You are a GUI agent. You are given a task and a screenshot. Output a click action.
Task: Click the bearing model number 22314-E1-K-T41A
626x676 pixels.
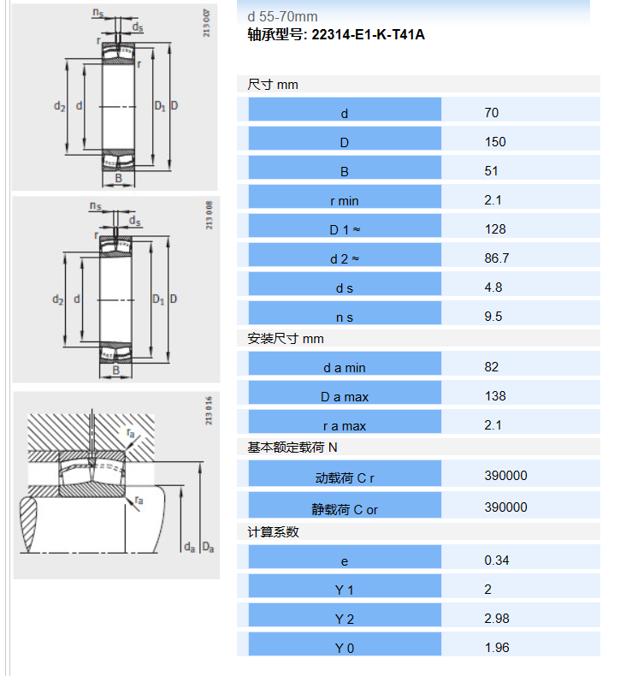(368, 34)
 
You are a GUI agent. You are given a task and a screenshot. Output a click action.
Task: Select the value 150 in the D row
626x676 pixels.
(495, 142)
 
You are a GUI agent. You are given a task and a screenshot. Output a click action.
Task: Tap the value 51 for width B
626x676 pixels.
(491, 171)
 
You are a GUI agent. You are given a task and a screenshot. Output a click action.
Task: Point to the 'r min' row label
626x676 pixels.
(345, 201)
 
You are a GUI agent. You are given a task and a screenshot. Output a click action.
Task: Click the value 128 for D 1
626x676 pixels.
(495, 229)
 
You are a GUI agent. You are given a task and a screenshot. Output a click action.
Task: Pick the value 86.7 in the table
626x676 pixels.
(497, 258)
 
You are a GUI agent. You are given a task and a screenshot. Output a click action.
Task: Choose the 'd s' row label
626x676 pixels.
(345, 288)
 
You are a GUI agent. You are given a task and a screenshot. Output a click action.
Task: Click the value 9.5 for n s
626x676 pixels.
(493, 317)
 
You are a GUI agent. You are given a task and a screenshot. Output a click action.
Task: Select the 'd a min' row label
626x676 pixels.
(345, 368)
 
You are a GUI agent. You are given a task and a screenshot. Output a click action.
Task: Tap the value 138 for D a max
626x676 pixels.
(495, 396)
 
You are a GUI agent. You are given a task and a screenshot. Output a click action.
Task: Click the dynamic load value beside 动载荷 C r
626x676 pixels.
(505, 476)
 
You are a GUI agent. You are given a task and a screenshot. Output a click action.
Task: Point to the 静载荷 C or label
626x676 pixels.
(345, 510)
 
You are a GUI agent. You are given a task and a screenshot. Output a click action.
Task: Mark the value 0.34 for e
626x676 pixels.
(497, 560)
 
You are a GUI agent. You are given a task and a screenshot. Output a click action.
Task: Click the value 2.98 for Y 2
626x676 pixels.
(497, 618)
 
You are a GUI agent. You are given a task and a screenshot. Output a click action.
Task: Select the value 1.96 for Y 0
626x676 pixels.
(497, 648)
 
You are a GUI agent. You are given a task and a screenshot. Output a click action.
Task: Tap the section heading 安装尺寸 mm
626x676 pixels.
(286, 339)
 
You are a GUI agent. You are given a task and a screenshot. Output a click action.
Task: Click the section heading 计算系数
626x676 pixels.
(273, 532)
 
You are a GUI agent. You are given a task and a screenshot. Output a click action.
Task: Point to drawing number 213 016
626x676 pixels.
(209, 411)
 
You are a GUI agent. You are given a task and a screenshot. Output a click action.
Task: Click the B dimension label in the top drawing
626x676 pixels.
(119, 178)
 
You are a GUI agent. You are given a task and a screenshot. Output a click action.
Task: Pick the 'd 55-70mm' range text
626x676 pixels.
(282, 17)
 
